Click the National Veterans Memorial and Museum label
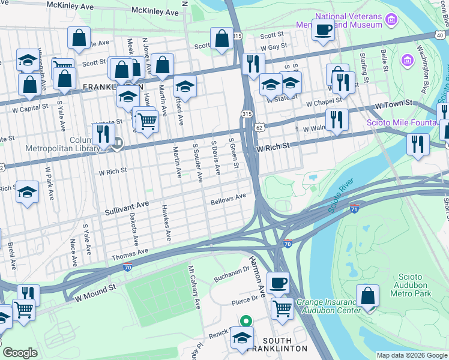point(339,20)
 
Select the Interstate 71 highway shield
point(355,208)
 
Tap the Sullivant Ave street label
point(127,209)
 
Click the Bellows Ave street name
point(228,198)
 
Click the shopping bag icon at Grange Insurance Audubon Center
point(367,295)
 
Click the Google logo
point(20,353)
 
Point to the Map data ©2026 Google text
point(411,355)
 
